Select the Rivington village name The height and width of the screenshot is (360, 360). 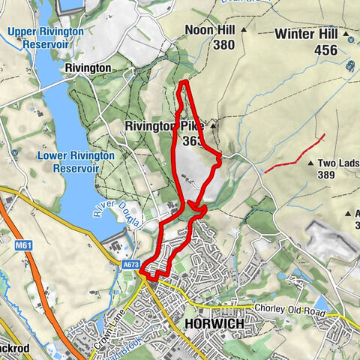[x=88, y=68]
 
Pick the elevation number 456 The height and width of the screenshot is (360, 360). [x=325, y=49]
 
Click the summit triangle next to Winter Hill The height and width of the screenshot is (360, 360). [x=346, y=34]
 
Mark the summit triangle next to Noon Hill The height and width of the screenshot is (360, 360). [x=244, y=31]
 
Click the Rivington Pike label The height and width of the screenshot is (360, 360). [x=166, y=126]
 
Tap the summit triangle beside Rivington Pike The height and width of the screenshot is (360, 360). [x=213, y=127]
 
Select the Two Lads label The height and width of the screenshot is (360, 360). [x=337, y=163]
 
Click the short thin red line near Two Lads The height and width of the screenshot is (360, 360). [x=295, y=154]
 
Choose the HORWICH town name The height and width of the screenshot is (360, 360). [x=213, y=323]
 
